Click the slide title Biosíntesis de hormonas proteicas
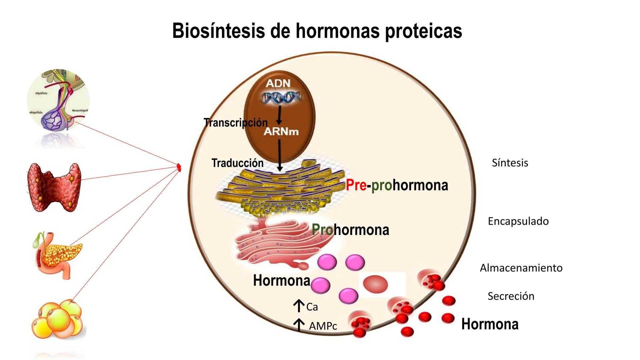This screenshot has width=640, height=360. [x=317, y=31]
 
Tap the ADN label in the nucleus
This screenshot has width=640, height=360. [x=278, y=83]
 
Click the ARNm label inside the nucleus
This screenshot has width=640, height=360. [x=281, y=131]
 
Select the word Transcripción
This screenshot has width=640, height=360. [x=235, y=123]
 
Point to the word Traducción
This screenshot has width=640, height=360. [x=237, y=163]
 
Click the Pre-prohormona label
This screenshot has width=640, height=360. [x=397, y=185]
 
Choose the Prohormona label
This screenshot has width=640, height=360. [x=350, y=230]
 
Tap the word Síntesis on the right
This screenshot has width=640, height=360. [x=510, y=163]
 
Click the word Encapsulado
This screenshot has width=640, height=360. [x=518, y=221]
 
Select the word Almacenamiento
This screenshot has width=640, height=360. [x=521, y=268]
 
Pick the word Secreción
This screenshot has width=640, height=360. [x=511, y=296]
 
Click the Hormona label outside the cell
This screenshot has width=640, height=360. [x=490, y=324]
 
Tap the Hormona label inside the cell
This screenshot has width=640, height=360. [x=282, y=280]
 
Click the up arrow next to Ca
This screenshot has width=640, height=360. [x=299, y=306]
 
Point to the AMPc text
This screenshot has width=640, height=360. [x=323, y=326]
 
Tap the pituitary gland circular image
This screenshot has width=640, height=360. [x=58, y=100]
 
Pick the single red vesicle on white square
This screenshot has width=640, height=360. [x=376, y=284]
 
